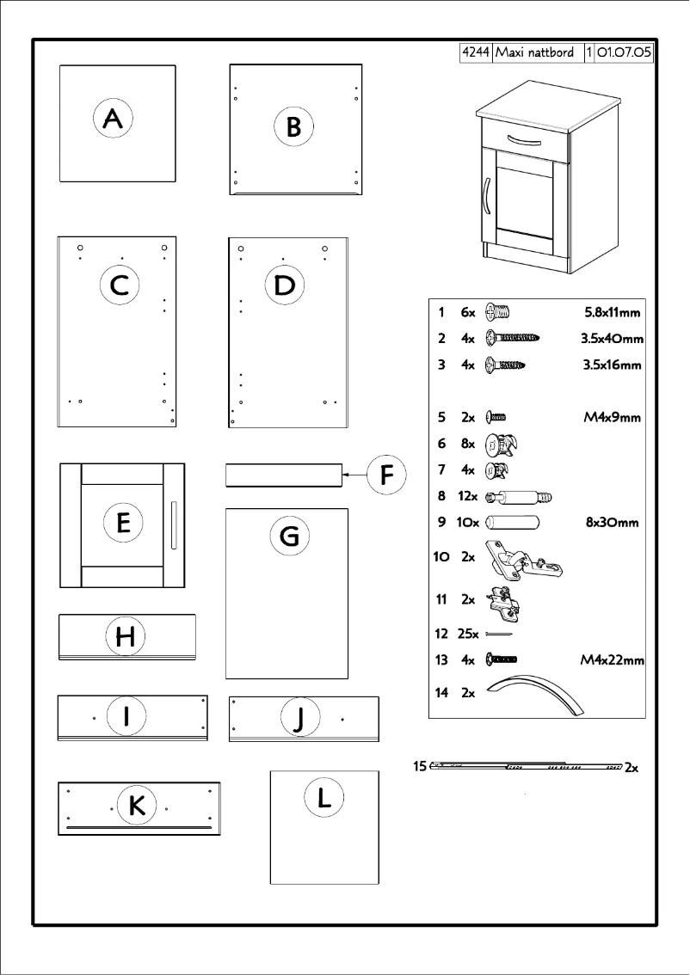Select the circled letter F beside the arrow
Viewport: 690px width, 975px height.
coord(387,475)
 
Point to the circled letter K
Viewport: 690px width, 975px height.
coord(136,807)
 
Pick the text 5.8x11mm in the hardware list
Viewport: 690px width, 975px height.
coord(613,311)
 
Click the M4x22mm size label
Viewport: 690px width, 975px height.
coord(613,660)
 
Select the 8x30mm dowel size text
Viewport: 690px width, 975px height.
coord(612,522)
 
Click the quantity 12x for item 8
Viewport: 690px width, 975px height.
coord(468,496)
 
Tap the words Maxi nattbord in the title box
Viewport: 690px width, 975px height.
coord(539,53)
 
